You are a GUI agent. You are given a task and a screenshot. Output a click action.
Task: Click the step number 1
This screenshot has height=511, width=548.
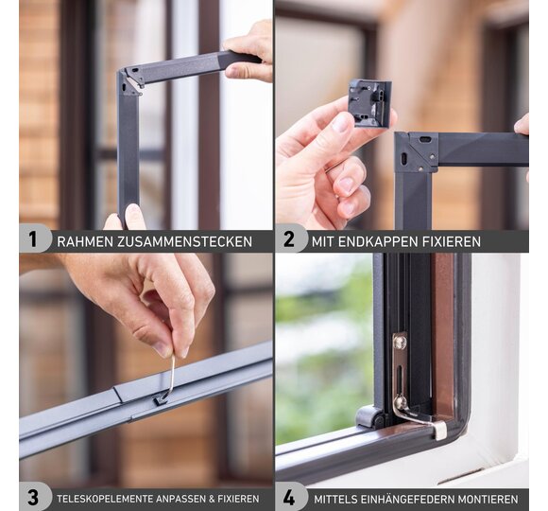33,240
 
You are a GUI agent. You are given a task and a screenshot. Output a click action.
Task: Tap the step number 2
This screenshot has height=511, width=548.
289,240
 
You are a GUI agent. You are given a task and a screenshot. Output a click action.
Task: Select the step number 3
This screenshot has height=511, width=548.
33,498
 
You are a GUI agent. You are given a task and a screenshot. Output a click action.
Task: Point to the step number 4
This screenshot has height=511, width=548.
289,498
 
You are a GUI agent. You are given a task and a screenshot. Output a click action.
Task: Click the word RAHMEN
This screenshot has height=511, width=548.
85,242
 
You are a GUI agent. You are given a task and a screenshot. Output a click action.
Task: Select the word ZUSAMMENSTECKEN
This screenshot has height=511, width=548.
184,242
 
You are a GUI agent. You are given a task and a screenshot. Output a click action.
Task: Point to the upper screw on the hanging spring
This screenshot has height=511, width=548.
400,342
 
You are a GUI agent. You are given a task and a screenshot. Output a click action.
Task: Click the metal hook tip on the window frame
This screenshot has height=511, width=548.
440,431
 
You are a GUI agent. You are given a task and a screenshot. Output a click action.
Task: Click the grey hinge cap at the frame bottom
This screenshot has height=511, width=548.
367,416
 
